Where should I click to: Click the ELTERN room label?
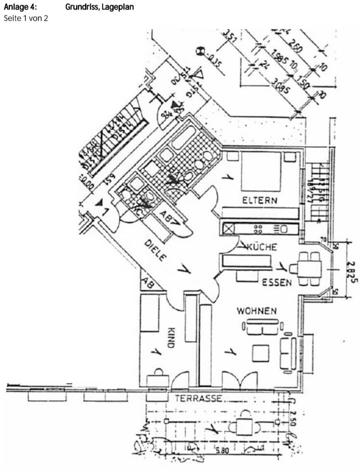click(259, 201)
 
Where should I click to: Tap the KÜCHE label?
click(262, 248)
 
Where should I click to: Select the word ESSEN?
click(277, 283)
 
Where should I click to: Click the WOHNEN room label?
click(257, 310)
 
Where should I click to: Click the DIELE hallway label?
click(156, 250)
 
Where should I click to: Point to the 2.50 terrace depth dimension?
click(293, 419)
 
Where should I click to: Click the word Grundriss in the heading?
click(82, 7)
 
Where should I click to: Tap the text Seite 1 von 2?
click(26, 19)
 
